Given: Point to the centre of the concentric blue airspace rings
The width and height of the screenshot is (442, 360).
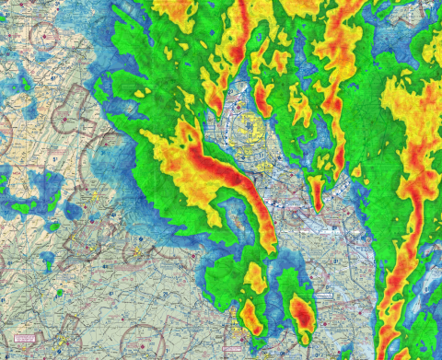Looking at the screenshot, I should [247, 124].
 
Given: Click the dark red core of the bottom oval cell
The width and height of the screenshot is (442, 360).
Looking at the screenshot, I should [301, 313].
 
